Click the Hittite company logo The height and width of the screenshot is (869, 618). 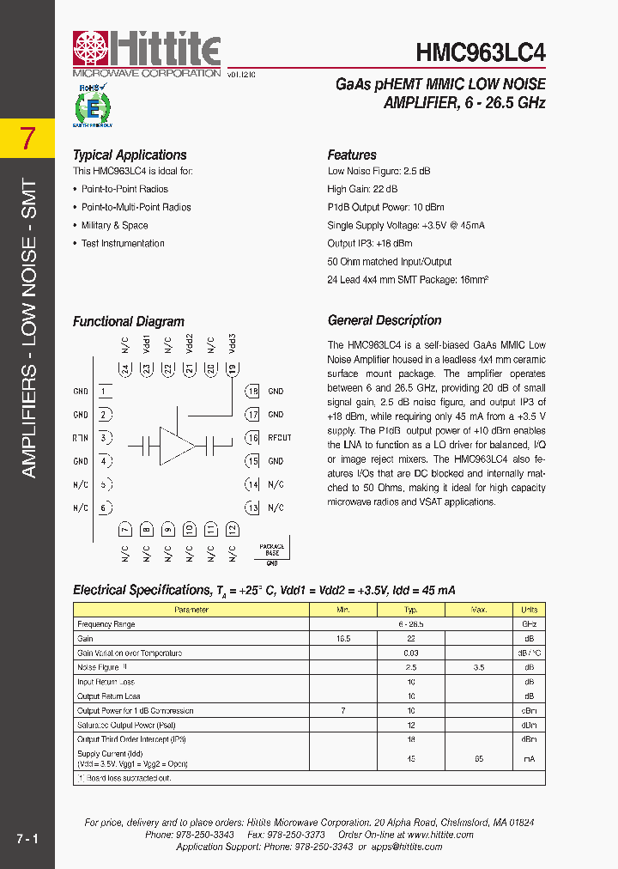(x=147, y=52)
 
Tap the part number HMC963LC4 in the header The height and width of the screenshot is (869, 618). (x=481, y=54)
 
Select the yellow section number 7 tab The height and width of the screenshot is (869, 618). (x=27, y=137)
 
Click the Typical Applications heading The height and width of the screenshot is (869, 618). (x=130, y=155)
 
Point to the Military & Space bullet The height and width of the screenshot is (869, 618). (x=114, y=226)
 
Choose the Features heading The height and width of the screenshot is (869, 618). (x=352, y=155)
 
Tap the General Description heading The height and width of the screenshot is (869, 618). (x=385, y=320)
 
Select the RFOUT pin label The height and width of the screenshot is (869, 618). (x=280, y=438)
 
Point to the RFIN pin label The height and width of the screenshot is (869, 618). (x=81, y=438)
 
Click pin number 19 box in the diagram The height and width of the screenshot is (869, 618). (x=232, y=368)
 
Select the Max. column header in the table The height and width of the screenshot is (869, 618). (x=478, y=610)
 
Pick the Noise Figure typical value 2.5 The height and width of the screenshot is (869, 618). (x=411, y=667)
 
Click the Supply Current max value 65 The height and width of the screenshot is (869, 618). (x=478, y=758)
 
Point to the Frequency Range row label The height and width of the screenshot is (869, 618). (x=106, y=624)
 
